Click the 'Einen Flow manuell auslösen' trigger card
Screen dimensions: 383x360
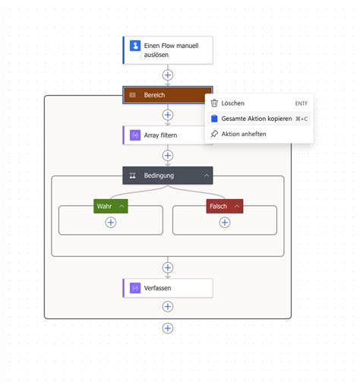point(168,50)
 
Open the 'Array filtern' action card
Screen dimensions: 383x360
point(168,135)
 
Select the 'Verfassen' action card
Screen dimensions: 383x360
point(168,288)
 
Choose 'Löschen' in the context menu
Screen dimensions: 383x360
point(233,103)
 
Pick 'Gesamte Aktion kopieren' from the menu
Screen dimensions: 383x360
point(257,119)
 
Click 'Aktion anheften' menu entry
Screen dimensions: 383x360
point(244,134)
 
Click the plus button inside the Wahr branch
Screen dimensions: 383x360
point(111,222)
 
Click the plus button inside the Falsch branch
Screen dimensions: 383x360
point(225,222)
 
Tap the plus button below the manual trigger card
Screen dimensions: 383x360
point(168,75)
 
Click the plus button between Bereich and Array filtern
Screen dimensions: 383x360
point(168,116)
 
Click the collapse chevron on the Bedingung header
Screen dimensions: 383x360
point(206,176)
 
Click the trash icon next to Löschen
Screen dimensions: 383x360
point(214,103)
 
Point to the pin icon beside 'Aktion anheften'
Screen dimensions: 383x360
point(214,134)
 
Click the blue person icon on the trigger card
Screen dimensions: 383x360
point(135,46)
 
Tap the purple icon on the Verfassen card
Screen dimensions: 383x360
point(134,288)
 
